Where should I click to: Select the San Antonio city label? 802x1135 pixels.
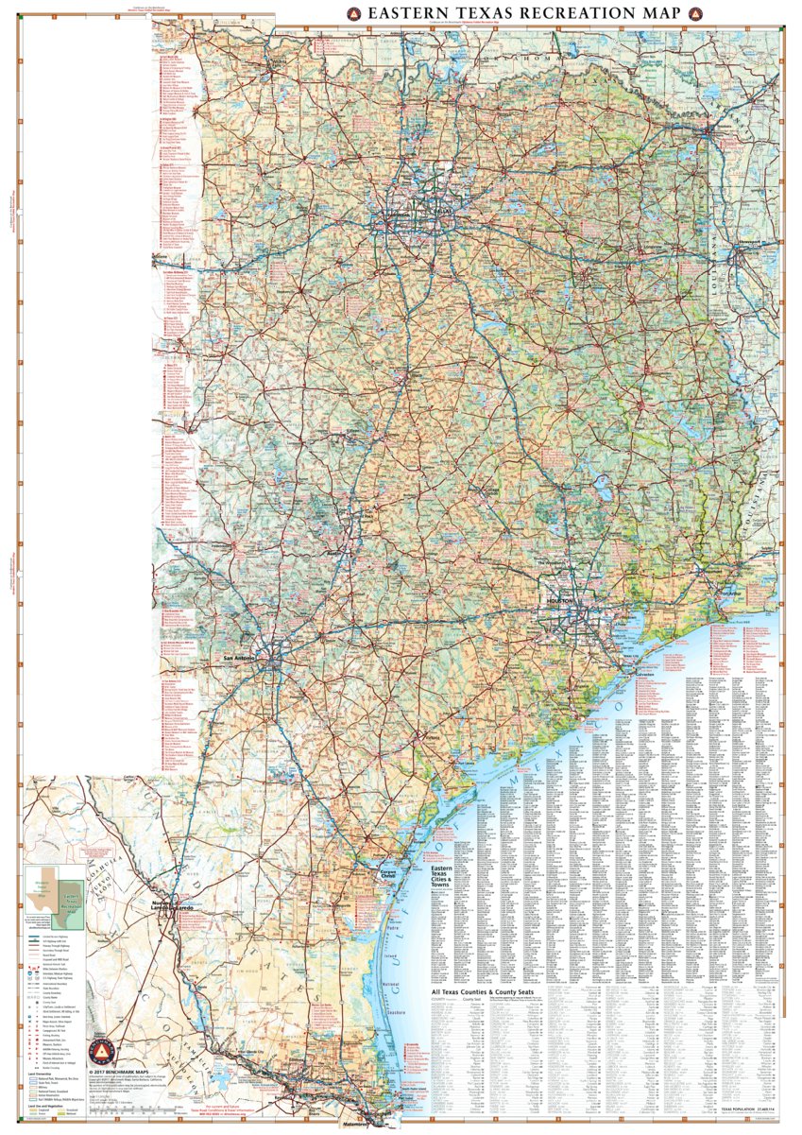239,658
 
